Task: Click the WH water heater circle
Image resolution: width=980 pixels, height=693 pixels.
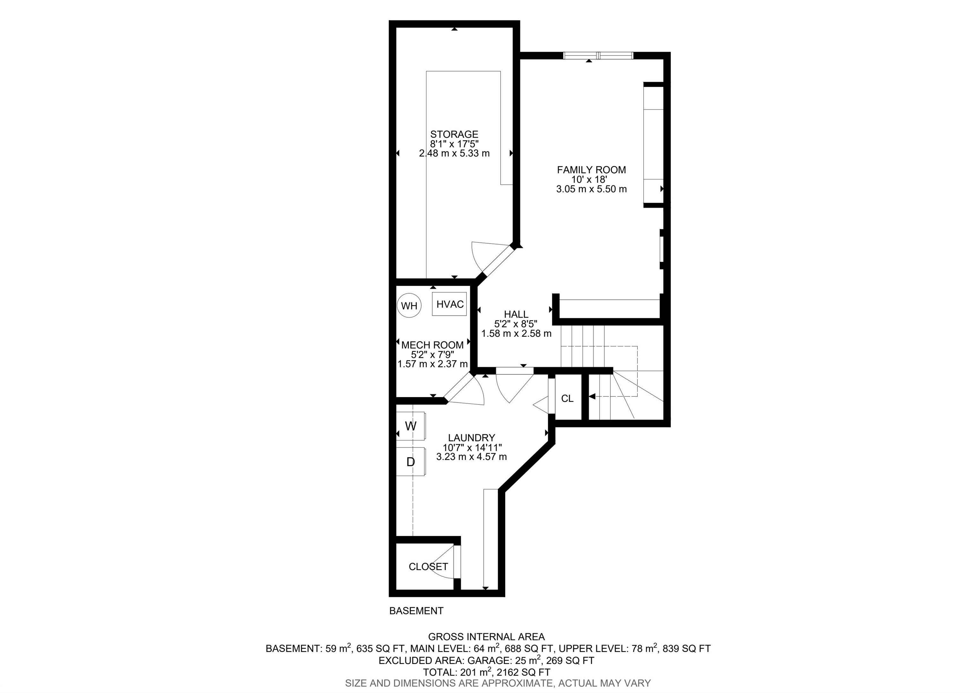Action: point(409,305)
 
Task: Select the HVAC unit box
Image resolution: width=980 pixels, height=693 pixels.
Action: point(449,304)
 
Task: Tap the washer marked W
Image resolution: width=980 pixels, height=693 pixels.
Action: point(411,426)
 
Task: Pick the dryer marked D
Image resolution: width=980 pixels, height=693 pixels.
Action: point(411,462)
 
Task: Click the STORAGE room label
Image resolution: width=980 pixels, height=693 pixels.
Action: point(454,134)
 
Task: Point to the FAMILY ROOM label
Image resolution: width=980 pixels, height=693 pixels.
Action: point(591,170)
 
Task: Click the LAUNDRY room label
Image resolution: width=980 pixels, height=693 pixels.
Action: point(471,438)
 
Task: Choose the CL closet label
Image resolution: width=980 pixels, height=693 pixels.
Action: point(567,398)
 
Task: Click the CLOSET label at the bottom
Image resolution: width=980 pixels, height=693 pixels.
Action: point(428,567)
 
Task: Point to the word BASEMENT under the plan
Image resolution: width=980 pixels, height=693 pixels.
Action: point(416,611)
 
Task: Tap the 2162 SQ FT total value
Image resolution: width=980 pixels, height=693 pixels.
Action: point(523,672)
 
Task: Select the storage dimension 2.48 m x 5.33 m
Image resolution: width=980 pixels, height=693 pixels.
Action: point(454,153)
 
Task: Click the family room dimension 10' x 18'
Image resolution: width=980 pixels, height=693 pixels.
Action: point(591,180)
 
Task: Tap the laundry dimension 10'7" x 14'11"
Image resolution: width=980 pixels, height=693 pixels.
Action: point(472,448)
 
